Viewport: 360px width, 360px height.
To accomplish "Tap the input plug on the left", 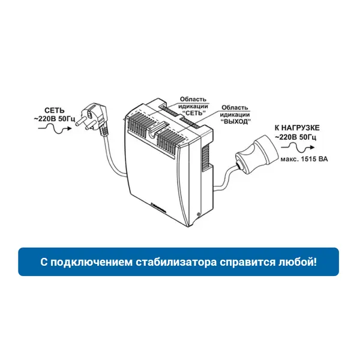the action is (92, 119).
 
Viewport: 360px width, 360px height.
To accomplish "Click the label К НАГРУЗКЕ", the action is (297, 128).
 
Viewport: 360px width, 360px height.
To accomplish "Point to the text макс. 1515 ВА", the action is (304, 159).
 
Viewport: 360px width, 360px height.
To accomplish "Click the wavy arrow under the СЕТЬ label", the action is (55, 128).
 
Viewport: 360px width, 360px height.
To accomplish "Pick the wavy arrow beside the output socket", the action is (298, 148).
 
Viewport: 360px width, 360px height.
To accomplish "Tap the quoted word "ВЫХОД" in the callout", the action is (235, 121).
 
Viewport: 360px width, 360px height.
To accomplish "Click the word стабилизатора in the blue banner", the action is (176, 262).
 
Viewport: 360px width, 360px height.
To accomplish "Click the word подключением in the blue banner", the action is (91, 262).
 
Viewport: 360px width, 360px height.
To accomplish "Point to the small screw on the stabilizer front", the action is (197, 215).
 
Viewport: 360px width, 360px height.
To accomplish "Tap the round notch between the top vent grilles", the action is (152, 135).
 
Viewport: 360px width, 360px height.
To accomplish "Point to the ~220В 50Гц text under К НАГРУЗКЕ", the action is (295, 137).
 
